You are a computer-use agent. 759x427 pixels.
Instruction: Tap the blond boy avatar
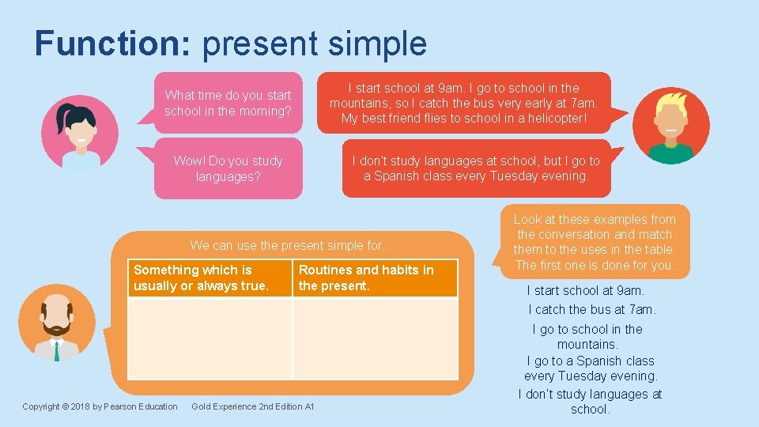click(x=672, y=126)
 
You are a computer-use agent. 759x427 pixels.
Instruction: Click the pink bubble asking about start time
click(x=228, y=103)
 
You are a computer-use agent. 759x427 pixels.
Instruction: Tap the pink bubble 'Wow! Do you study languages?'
click(x=228, y=168)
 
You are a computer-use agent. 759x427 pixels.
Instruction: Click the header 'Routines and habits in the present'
click(x=375, y=278)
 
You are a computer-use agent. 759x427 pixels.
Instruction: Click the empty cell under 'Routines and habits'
click(x=375, y=338)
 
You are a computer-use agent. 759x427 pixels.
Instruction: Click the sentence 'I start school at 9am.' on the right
click(x=585, y=290)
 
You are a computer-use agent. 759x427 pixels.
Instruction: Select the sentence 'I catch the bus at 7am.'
click(x=591, y=309)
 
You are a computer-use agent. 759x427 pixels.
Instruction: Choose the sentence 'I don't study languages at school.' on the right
click(x=590, y=402)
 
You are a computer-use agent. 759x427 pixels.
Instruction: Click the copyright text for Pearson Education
click(x=100, y=406)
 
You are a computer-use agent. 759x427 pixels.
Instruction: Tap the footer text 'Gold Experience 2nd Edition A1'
click(x=253, y=406)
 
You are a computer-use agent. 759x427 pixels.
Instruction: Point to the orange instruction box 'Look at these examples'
click(x=595, y=242)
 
